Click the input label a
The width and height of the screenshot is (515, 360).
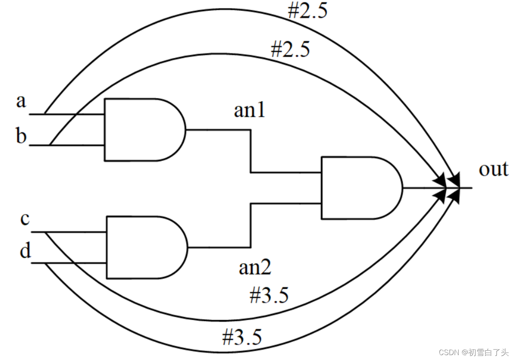coord(21,101)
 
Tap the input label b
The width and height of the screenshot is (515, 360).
coord(21,136)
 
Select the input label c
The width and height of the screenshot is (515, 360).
coord(25,219)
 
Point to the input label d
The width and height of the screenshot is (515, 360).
coord(25,251)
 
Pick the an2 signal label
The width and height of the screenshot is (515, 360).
coord(255,267)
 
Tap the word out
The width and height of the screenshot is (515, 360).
coord(493,169)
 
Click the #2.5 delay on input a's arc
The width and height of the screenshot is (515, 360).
coord(308,11)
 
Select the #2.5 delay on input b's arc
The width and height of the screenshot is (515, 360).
coord(290,49)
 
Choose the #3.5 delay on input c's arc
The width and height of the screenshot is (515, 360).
coord(269,295)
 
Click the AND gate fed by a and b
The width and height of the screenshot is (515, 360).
coord(143,130)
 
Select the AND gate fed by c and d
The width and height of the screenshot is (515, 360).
coord(145,247)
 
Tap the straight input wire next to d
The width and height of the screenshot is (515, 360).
coord(69,263)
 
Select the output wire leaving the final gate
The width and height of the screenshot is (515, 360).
coord(424,188)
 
